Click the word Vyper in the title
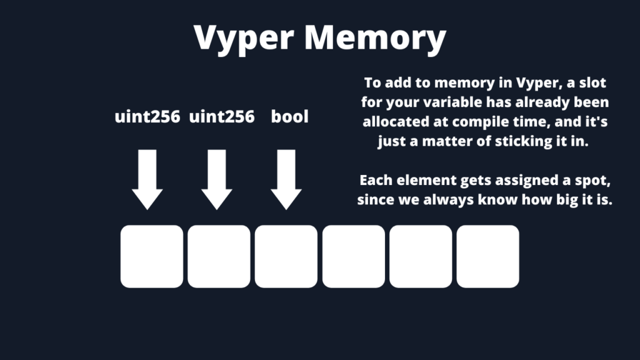click(244, 39)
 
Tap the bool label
click(289, 117)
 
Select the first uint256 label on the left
click(147, 117)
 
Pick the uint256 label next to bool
click(221, 117)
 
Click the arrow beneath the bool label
click(286, 179)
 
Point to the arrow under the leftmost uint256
click(147, 179)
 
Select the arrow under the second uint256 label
click(217, 179)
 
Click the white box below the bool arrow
click(286, 256)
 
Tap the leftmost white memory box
click(152, 256)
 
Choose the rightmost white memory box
click(487, 256)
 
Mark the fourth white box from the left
click(353, 256)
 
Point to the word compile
click(481, 122)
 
